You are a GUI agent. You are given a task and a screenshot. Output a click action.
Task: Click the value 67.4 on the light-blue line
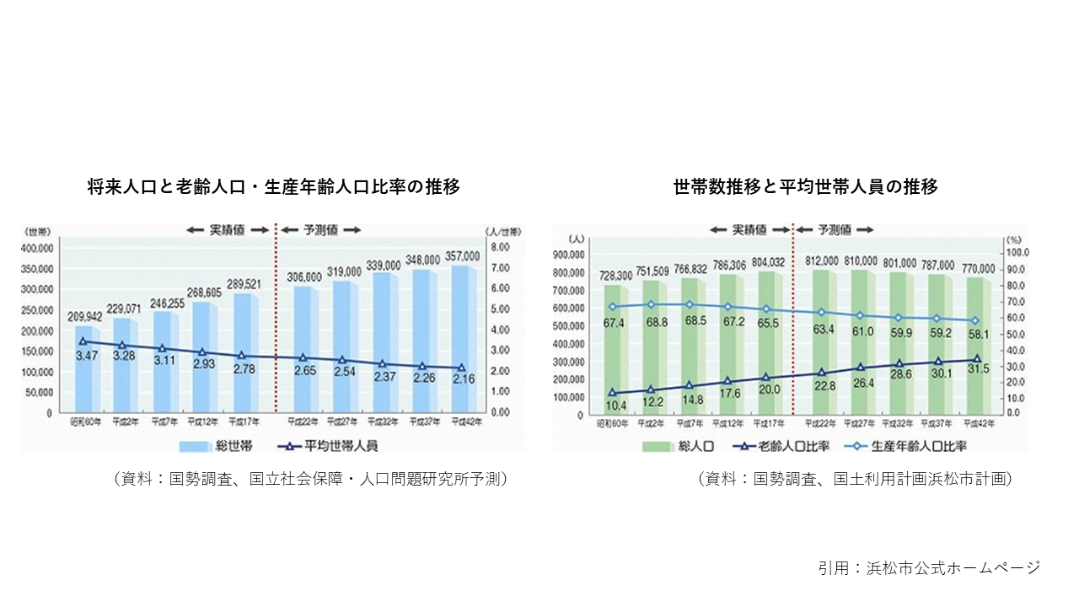click(614, 321)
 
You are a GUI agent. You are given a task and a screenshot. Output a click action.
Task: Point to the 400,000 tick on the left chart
click(38, 249)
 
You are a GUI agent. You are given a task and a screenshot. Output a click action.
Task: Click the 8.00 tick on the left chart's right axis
click(501, 248)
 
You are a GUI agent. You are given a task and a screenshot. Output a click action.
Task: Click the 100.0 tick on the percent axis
click(1015, 253)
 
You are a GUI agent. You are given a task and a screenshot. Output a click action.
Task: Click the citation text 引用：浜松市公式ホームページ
click(929, 567)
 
